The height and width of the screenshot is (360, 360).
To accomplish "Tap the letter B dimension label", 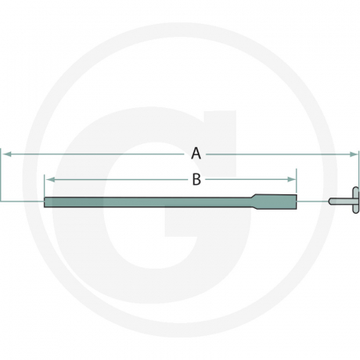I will click(196, 180).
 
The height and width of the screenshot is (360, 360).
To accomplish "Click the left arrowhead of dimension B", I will click(47, 180).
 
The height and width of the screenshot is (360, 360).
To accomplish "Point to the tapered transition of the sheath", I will click(254, 200).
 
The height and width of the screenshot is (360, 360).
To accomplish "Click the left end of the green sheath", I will click(46, 201).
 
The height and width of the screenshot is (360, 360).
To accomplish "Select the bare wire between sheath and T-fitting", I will click(314, 201).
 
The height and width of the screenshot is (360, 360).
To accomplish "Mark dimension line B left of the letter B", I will click(120, 180).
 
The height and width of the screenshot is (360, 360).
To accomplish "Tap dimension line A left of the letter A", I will click(96, 152).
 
